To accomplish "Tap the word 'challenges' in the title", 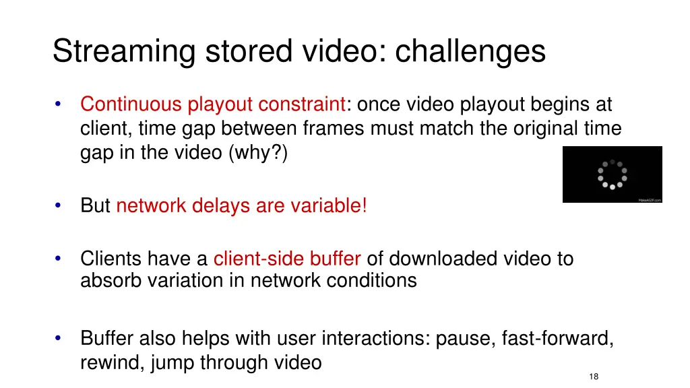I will pos(470,52).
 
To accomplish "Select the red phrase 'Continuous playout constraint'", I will pos(212,104).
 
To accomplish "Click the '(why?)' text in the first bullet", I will pos(259,153).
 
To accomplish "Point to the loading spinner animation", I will pos(612,174).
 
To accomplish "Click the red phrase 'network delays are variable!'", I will pos(241,205).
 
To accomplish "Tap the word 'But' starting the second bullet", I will pos(95,205).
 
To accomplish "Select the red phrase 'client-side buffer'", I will pos(287,259).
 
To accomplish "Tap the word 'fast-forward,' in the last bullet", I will pos(557,337).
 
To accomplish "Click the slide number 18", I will pos(593,377).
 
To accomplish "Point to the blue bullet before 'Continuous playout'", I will pos(59,104).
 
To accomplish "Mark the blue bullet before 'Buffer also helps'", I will pos(59,337).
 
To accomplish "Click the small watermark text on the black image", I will pos(650,199).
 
